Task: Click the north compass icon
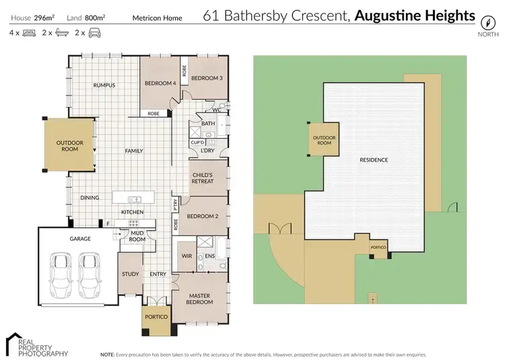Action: pyautogui.click(x=483, y=19)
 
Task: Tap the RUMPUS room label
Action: pyautogui.click(x=104, y=85)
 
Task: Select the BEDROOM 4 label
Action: pyautogui.click(x=160, y=83)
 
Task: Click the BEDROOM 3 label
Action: pyautogui.click(x=207, y=78)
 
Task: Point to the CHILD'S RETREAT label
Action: pyautogui.click(x=203, y=178)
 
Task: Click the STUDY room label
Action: pyautogui.click(x=130, y=274)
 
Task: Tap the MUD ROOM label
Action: pyautogui.click(x=137, y=236)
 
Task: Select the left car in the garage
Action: pyautogui.click(x=61, y=271)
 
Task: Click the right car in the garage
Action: pyautogui.click(x=90, y=271)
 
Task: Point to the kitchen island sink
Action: pyautogui.click(x=135, y=199)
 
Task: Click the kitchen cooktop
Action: pyautogui.click(x=133, y=223)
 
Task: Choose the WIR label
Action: pyautogui.click(x=187, y=256)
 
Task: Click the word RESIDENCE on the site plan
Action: pyautogui.click(x=374, y=159)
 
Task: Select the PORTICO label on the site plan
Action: pyautogui.click(x=378, y=248)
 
